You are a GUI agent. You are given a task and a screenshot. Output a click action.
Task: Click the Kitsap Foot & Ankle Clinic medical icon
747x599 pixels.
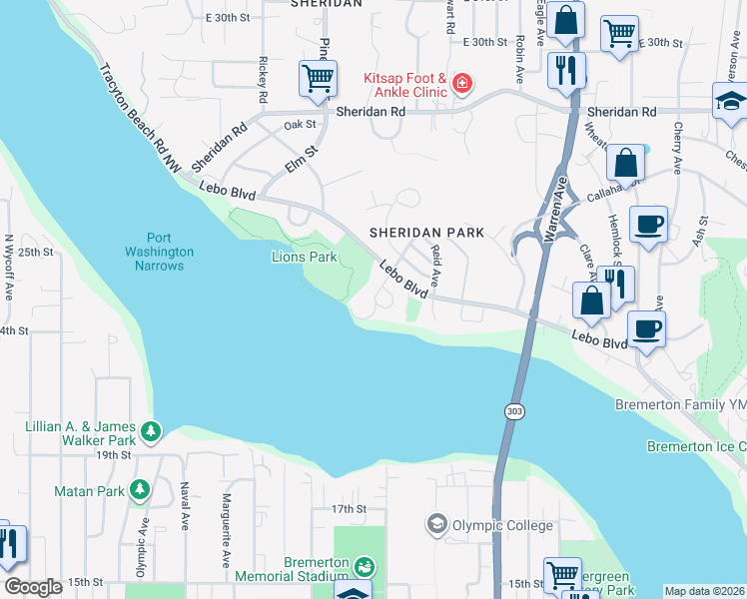click(461, 83)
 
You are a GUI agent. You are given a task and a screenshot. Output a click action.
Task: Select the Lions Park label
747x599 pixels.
click(305, 257)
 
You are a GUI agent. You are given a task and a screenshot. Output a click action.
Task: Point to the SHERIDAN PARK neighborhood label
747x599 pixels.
click(426, 233)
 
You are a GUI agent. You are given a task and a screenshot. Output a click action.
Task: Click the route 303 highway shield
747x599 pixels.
click(513, 411)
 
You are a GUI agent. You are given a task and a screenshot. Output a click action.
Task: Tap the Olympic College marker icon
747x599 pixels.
click(436, 524)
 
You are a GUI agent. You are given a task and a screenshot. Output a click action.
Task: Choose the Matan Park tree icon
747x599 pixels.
click(141, 490)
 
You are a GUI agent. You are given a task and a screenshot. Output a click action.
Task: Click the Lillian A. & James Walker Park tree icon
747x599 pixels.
click(151, 432)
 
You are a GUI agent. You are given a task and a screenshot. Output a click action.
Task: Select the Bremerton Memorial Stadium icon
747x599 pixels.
click(365, 567)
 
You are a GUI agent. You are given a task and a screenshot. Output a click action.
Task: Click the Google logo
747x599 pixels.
click(34, 588)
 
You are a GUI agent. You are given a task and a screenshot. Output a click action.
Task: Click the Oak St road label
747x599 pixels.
click(299, 125)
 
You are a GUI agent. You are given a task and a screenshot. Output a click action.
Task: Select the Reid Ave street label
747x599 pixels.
click(435, 265)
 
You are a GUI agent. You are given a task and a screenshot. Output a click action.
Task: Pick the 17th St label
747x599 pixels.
click(350, 509)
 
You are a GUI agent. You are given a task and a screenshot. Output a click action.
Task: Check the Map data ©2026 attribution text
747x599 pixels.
click(704, 591)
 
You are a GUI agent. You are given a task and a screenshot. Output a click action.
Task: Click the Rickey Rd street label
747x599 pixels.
click(264, 81)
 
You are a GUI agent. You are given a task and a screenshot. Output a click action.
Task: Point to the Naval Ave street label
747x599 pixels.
click(185, 505)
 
